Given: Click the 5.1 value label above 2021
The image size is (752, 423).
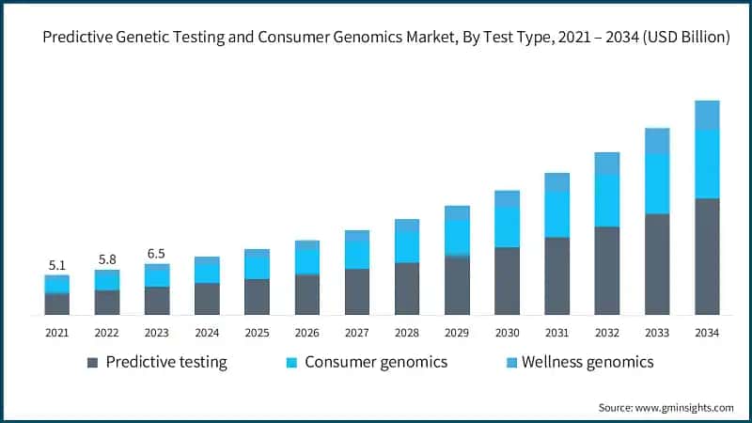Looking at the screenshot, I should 56,265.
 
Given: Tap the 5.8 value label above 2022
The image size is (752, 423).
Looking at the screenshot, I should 106,258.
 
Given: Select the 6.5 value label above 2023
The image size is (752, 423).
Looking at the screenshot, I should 156,253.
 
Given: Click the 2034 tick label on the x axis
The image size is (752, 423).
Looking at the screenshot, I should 707,333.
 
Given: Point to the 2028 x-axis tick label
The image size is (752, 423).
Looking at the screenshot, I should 406,333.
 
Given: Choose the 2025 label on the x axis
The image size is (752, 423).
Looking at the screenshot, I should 257,333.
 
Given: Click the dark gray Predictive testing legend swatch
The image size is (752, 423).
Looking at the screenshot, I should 92,363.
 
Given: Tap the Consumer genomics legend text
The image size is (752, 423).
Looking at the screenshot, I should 376,362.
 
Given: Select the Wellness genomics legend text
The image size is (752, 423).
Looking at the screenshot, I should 587,362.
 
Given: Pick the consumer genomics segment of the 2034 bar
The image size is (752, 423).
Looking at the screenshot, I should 707,164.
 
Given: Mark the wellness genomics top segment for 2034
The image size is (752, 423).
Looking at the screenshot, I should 707,115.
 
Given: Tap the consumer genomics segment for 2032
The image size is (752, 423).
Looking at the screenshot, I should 607,200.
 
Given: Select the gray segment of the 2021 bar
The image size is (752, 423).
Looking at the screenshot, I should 56,304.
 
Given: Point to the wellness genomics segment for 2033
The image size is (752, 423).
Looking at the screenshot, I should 657,141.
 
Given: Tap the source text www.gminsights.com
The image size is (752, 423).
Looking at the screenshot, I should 685,407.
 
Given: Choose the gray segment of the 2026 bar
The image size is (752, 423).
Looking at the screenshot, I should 306,294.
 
